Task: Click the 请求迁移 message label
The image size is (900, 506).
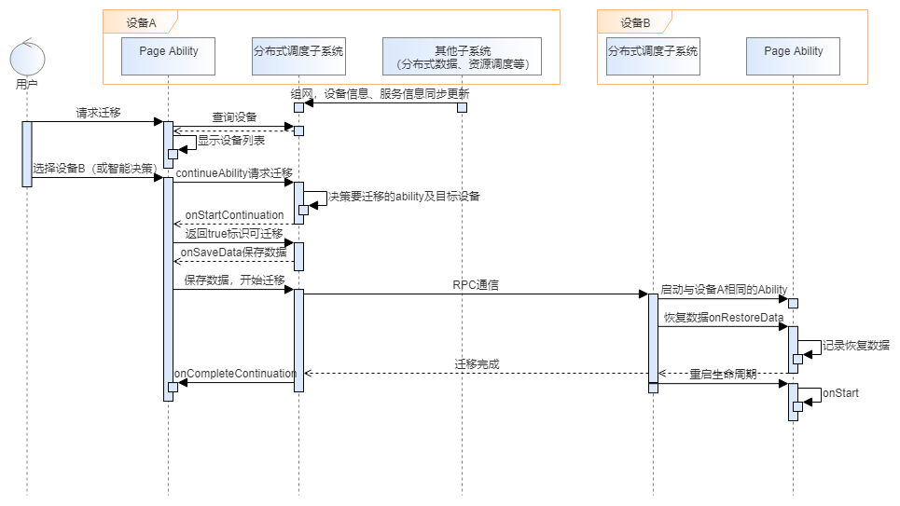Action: click(98, 113)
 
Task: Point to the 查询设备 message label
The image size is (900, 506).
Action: click(234, 117)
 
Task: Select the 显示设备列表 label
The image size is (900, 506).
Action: click(231, 141)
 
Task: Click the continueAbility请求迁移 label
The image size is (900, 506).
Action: click(234, 173)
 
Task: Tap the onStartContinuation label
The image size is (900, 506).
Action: click(234, 215)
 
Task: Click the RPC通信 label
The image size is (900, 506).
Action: click(475, 285)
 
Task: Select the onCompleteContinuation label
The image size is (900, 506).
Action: click(236, 374)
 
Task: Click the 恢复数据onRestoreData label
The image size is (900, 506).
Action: click(723, 318)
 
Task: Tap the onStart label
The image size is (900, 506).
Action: click(840, 393)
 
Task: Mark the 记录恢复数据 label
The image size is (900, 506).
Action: click(856, 345)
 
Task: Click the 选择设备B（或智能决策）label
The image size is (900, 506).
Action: click(93, 169)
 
